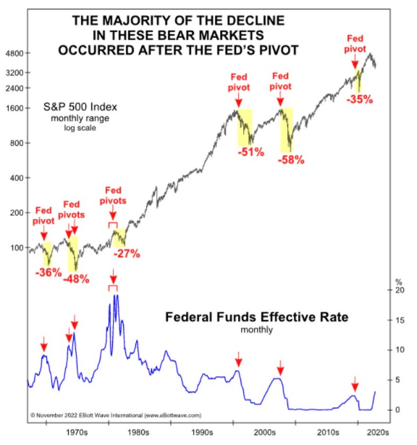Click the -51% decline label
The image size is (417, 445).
pos(249,152)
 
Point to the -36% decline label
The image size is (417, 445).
pos(47,272)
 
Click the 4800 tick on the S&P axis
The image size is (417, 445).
pos(14,53)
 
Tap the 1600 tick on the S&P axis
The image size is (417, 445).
pos(14,108)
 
